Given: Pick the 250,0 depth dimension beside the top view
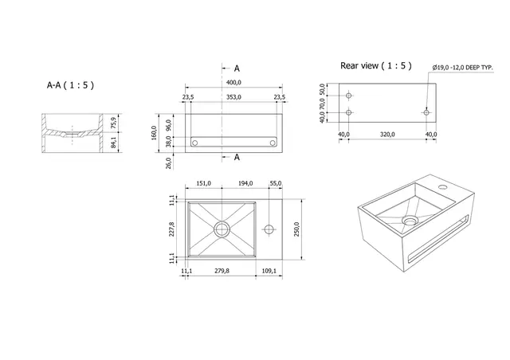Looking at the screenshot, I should [297, 229].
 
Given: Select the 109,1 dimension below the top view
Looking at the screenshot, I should [269, 272].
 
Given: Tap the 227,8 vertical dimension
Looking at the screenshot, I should [171, 229].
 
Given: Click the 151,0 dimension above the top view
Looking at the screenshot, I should [203, 184].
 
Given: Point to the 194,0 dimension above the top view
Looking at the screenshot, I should [245, 184].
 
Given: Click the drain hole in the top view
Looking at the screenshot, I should [221, 229].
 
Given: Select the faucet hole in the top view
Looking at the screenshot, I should [270, 229].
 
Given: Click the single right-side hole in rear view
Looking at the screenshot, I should [426, 113].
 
